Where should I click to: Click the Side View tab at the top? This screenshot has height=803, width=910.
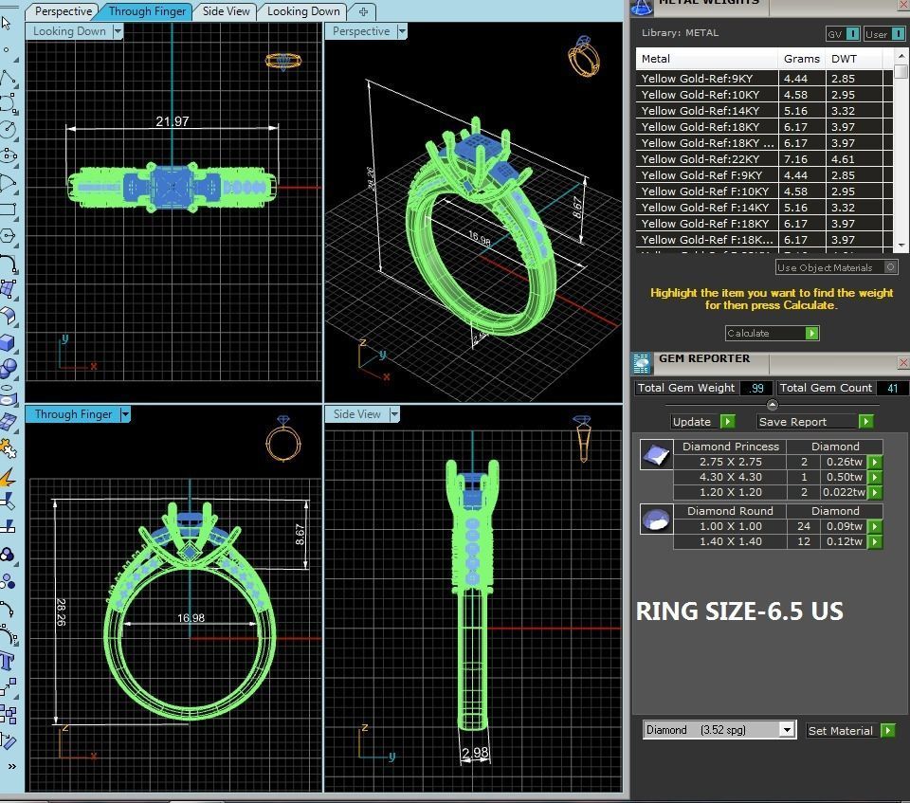(x=227, y=11)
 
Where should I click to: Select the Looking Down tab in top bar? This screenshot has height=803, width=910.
(x=303, y=11)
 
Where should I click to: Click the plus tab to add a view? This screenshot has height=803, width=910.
(x=363, y=11)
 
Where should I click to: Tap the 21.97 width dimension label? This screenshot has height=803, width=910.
(x=173, y=121)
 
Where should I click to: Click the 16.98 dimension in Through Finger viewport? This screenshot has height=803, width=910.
(x=191, y=618)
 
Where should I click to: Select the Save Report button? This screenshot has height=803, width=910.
(x=806, y=422)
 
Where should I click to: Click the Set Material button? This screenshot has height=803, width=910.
(x=840, y=731)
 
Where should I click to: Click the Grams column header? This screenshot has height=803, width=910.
(x=801, y=59)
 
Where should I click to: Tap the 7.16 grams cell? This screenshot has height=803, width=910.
(x=795, y=159)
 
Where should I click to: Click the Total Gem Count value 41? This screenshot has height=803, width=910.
(x=892, y=388)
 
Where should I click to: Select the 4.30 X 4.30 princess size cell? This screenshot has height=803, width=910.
(x=730, y=477)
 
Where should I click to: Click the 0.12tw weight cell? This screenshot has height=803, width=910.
(x=844, y=541)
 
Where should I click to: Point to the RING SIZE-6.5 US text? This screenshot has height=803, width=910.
(x=739, y=611)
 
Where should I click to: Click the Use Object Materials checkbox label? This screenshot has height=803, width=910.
(x=825, y=267)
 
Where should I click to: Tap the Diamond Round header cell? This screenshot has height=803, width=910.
(x=730, y=511)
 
